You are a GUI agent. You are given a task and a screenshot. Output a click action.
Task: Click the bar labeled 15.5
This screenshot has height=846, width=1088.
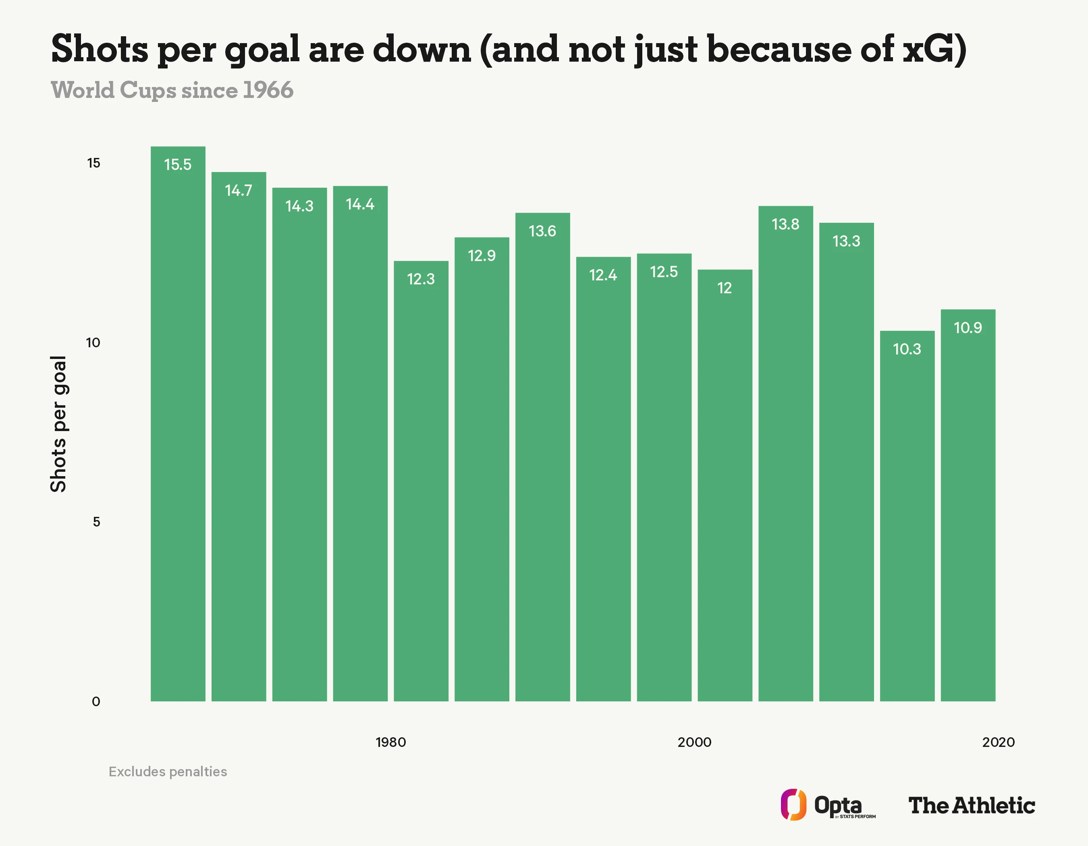pyautogui.click(x=178, y=424)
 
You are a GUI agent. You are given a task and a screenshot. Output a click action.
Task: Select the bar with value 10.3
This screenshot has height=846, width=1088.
pyautogui.click(x=907, y=516)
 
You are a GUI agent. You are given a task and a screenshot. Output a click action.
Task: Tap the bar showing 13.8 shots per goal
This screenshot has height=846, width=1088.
pyautogui.click(x=786, y=454)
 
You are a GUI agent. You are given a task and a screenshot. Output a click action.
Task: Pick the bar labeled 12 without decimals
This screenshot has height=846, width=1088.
pyautogui.click(x=725, y=485)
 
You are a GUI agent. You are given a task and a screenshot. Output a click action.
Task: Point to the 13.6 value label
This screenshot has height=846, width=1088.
pyautogui.click(x=542, y=231)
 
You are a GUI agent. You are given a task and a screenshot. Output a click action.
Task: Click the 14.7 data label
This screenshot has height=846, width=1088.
pyautogui.click(x=239, y=190)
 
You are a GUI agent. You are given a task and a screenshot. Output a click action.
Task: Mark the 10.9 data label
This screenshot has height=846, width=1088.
pyautogui.click(x=968, y=328)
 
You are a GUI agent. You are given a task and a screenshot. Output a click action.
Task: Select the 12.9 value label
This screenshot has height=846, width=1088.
pyautogui.click(x=482, y=255)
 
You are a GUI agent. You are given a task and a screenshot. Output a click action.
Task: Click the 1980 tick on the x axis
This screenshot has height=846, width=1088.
pyautogui.click(x=390, y=742)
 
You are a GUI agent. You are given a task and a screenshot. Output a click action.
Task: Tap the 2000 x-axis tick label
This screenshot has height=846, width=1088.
pyautogui.click(x=694, y=742)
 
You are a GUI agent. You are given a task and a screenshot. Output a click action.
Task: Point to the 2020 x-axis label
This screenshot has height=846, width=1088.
pyautogui.click(x=998, y=742)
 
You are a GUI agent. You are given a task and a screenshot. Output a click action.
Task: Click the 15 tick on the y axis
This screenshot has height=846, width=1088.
pyautogui.click(x=93, y=163)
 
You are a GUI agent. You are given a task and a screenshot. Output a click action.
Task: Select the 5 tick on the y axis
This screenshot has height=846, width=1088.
pyautogui.click(x=97, y=522)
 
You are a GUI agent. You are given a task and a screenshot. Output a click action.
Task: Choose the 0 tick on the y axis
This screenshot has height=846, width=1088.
pyautogui.click(x=96, y=702)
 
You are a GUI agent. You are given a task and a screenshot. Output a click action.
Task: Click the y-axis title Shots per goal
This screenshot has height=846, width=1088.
pyautogui.click(x=58, y=424)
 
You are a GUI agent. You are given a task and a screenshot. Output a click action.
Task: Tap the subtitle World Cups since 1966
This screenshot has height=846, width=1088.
pyautogui.click(x=172, y=90)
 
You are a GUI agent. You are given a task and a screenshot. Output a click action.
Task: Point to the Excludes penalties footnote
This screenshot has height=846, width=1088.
pyautogui.click(x=168, y=772)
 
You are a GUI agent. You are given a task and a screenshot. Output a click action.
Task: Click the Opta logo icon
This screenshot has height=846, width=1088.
pyautogui.click(x=793, y=805)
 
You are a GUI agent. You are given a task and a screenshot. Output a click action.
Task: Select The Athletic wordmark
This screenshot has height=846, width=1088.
pyautogui.click(x=972, y=806)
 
